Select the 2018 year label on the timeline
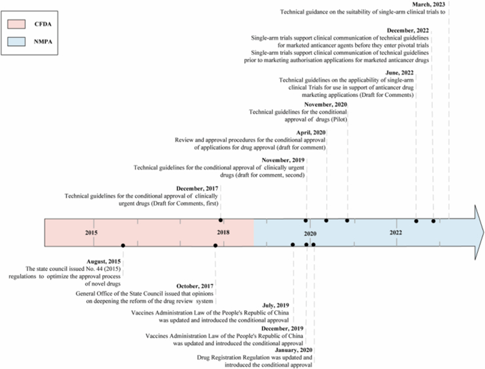(223, 232)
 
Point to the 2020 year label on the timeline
(309, 233)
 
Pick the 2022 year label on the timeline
(396, 232)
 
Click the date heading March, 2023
(428, 4)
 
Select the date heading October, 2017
(195, 286)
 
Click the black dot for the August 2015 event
(123, 245)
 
